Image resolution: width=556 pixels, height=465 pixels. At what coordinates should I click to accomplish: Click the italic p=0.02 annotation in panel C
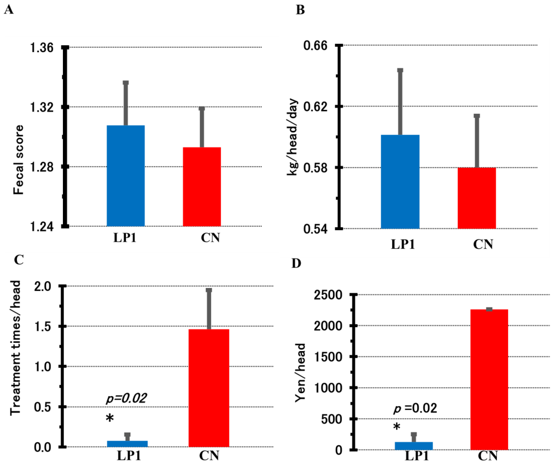126,398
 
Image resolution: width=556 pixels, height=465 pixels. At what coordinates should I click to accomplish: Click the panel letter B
300,10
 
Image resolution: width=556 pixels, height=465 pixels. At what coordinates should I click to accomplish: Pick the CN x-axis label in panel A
210,238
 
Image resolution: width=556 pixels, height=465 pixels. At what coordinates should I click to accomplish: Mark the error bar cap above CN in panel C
209,290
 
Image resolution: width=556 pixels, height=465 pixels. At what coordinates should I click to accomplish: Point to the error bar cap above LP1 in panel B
400,70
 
